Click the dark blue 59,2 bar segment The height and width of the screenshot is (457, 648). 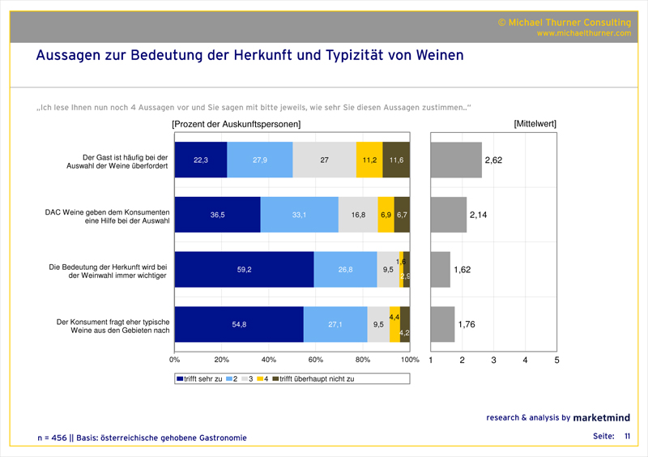tap(244, 270)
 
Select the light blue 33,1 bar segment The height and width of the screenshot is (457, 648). tap(300, 215)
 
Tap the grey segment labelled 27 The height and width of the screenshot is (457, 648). tap(324, 160)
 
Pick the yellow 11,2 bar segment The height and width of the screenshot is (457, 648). tap(369, 160)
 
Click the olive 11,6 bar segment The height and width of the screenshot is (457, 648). tap(396, 160)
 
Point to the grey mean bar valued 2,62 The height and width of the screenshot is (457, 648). tap(456, 160)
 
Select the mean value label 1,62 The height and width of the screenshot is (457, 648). tap(462, 270)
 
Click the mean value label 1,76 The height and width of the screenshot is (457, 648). tap(467, 325)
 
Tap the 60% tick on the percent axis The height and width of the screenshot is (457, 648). tap(316, 359)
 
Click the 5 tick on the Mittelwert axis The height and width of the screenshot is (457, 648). tap(556, 359)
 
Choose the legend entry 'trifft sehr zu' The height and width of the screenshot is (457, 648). tap(199, 378)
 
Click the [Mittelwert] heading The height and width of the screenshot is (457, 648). tap(535, 124)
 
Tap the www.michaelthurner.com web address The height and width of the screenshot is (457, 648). tap(582, 33)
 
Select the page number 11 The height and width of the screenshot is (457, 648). tap(627, 437)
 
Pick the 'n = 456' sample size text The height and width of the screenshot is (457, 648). tap(53, 438)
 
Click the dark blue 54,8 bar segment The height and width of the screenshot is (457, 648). tap(239, 325)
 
